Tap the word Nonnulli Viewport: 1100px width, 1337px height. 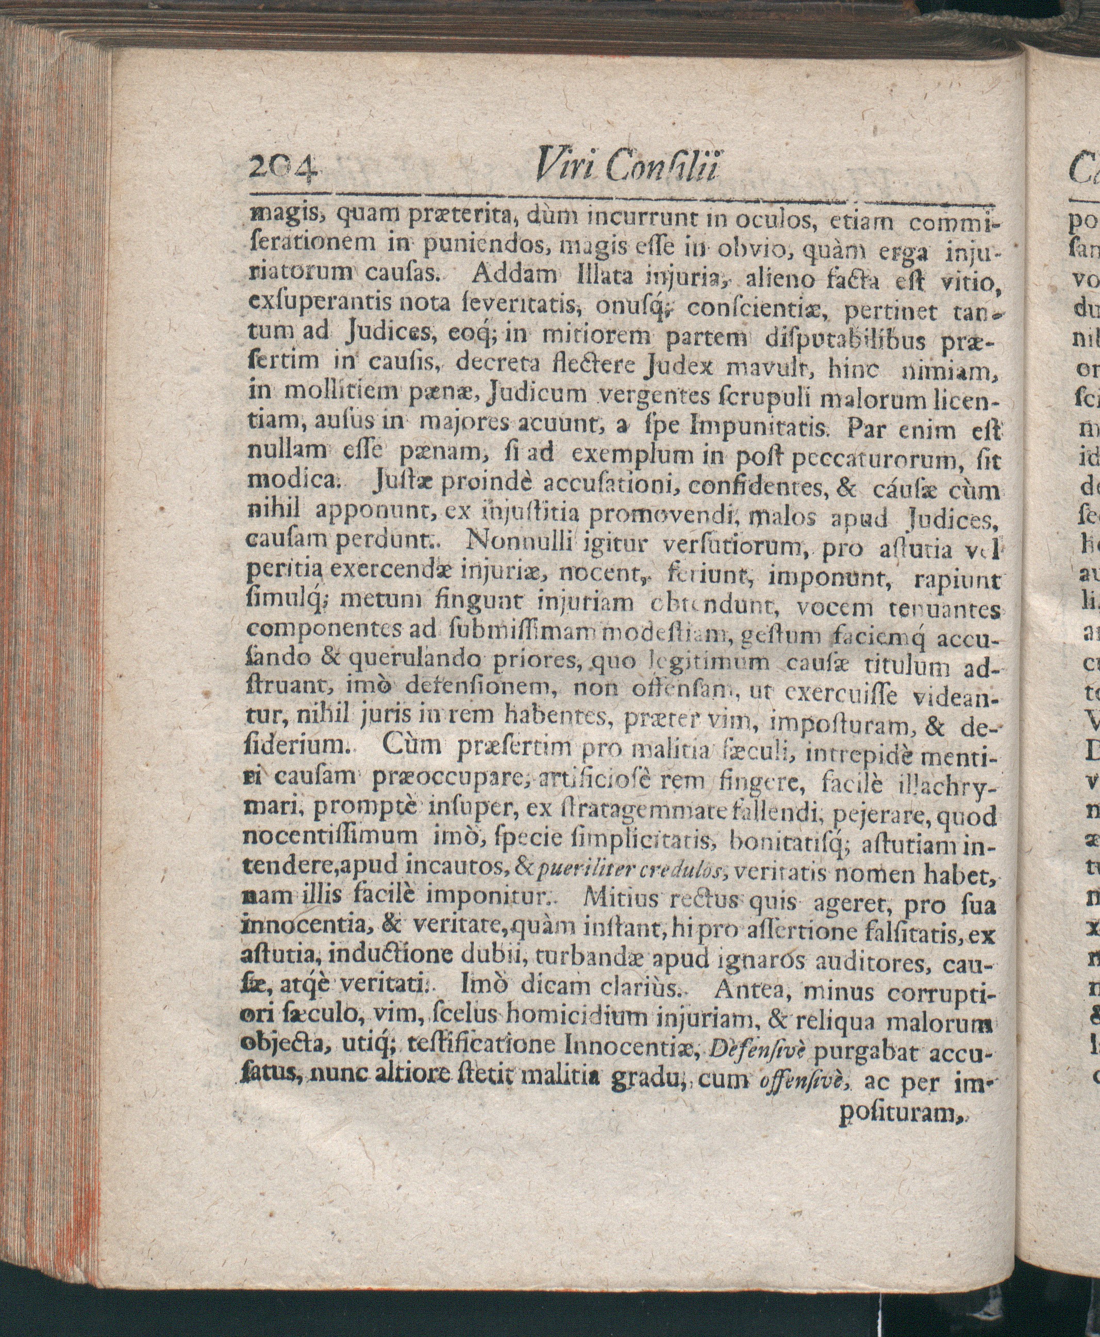click(x=520, y=543)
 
